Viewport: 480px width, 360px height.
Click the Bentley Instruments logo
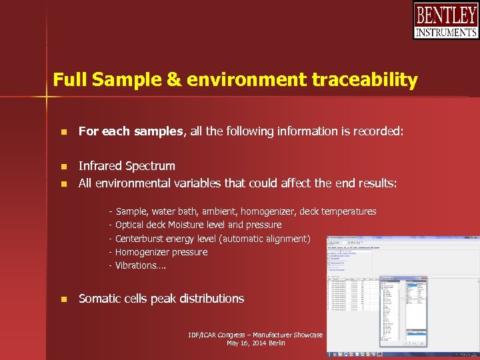445,21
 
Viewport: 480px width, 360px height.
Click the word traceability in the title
364,81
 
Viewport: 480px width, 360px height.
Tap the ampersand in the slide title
173,81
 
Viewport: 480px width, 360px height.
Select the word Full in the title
70,81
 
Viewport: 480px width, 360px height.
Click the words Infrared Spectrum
127,166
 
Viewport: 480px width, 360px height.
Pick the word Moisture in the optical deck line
187,225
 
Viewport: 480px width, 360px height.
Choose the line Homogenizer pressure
161,252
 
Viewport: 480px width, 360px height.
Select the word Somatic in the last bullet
100,299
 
